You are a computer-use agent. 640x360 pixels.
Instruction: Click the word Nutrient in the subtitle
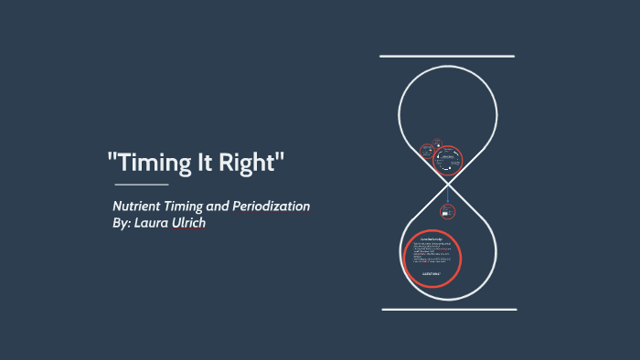(x=138, y=206)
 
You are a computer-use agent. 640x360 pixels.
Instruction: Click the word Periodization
(x=278, y=206)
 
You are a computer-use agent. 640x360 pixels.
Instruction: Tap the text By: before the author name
(x=122, y=224)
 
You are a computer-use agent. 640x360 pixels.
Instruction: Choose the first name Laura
(x=156, y=224)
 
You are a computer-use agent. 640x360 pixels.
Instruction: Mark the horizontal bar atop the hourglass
(x=447, y=56)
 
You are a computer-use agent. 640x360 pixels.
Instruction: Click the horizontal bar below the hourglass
(x=447, y=309)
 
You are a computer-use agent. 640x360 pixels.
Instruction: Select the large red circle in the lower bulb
(x=432, y=259)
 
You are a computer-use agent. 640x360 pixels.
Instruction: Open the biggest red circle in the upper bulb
(x=447, y=160)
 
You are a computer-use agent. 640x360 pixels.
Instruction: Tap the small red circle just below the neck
(x=447, y=212)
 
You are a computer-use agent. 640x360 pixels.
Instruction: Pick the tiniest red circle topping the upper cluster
(x=437, y=142)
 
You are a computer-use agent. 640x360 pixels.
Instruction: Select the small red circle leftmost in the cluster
(x=426, y=150)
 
